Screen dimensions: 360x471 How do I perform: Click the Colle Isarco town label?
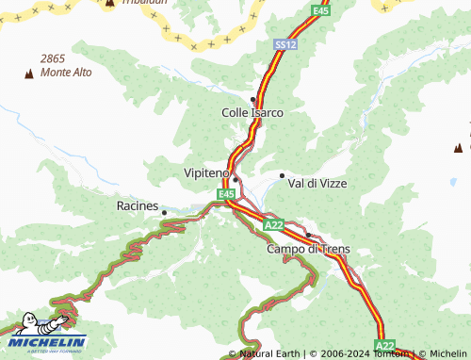252,112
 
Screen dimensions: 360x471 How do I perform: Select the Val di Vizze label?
317,183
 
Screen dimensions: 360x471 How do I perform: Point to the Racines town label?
137,205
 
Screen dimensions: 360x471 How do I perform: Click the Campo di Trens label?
308,249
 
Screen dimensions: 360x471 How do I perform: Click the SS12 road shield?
285,44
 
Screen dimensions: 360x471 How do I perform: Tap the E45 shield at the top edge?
321,10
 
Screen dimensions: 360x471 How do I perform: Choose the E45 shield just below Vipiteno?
226,194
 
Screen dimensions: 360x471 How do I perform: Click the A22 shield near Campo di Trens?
274,225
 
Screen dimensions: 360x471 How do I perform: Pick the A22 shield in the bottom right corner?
385,345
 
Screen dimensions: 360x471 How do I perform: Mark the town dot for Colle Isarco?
252,99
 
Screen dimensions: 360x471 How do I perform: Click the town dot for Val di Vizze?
282,175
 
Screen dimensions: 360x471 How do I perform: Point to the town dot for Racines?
164,212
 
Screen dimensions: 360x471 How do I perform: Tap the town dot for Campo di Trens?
308,235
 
